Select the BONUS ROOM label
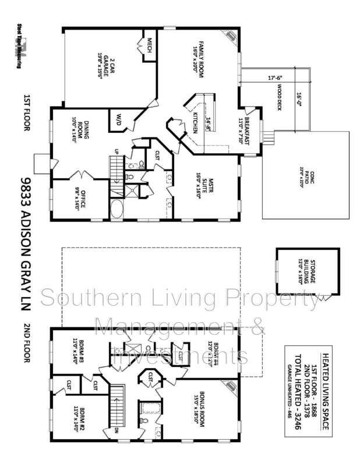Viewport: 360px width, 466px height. point(201,413)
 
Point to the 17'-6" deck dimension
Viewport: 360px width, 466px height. point(275,77)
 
